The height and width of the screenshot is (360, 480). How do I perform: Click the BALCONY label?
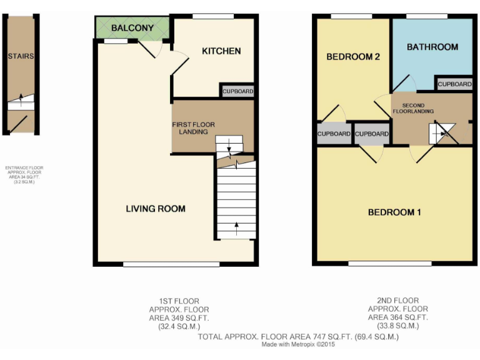[132, 28]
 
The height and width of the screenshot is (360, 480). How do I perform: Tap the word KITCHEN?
[221, 51]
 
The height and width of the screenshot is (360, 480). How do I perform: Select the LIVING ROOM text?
[156, 208]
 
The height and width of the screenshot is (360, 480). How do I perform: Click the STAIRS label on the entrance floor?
[21, 56]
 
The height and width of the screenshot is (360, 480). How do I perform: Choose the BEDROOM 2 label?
[353, 57]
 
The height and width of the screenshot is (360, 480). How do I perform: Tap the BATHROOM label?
[432, 47]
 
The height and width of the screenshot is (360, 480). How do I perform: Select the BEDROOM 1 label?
[394, 212]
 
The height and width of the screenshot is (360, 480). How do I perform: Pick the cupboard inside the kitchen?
[237, 91]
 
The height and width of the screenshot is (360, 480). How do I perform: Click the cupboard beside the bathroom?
[454, 84]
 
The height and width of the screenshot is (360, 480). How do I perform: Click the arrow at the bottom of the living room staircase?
[236, 226]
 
